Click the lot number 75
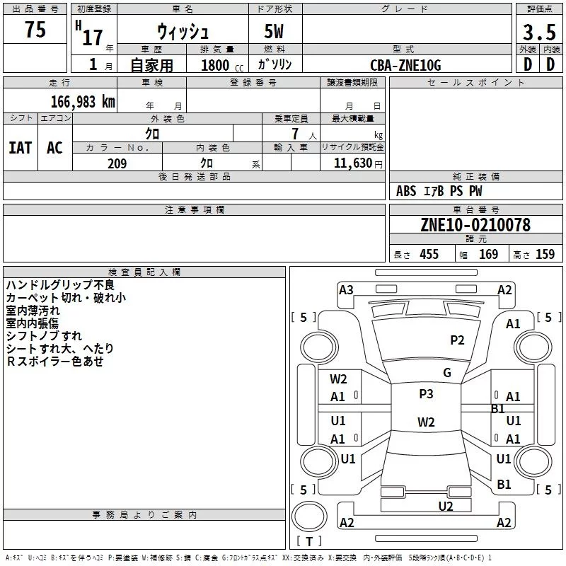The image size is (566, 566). pyautogui.click(x=35, y=30)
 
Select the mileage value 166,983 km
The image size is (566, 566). pyautogui.click(x=83, y=102)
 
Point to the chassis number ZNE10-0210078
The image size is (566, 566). pyautogui.click(x=475, y=225)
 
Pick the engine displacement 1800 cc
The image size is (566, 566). pyautogui.click(x=220, y=66)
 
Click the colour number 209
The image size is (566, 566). pyautogui.click(x=117, y=163)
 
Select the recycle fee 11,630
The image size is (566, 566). pyautogui.click(x=352, y=163)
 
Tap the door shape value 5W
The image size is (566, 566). pyautogui.click(x=275, y=32)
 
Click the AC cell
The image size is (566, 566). pyautogui.click(x=54, y=148)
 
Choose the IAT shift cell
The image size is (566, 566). pyautogui.click(x=21, y=148)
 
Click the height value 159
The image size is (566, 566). pyautogui.click(x=545, y=255)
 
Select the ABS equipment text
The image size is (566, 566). pyautogui.click(x=406, y=191)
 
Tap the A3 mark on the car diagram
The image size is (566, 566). pyautogui.click(x=346, y=289)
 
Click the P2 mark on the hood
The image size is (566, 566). pyautogui.click(x=458, y=340)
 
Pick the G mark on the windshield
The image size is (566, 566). pyautogui.click(x=447, y=373)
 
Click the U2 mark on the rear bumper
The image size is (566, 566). pyautogui.click(x=445, y=506)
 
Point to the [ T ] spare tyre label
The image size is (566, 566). pyautogui.click(x=309, y=542)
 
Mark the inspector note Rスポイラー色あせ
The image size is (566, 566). pyautogui.click(x=55, y=362)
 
